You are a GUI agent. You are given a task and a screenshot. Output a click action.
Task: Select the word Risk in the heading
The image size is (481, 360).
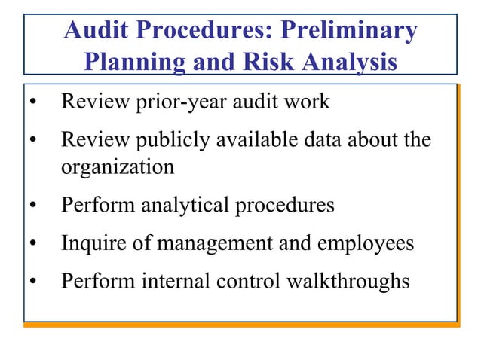[265, 62]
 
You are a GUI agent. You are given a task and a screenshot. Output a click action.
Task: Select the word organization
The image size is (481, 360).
[118, 166]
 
